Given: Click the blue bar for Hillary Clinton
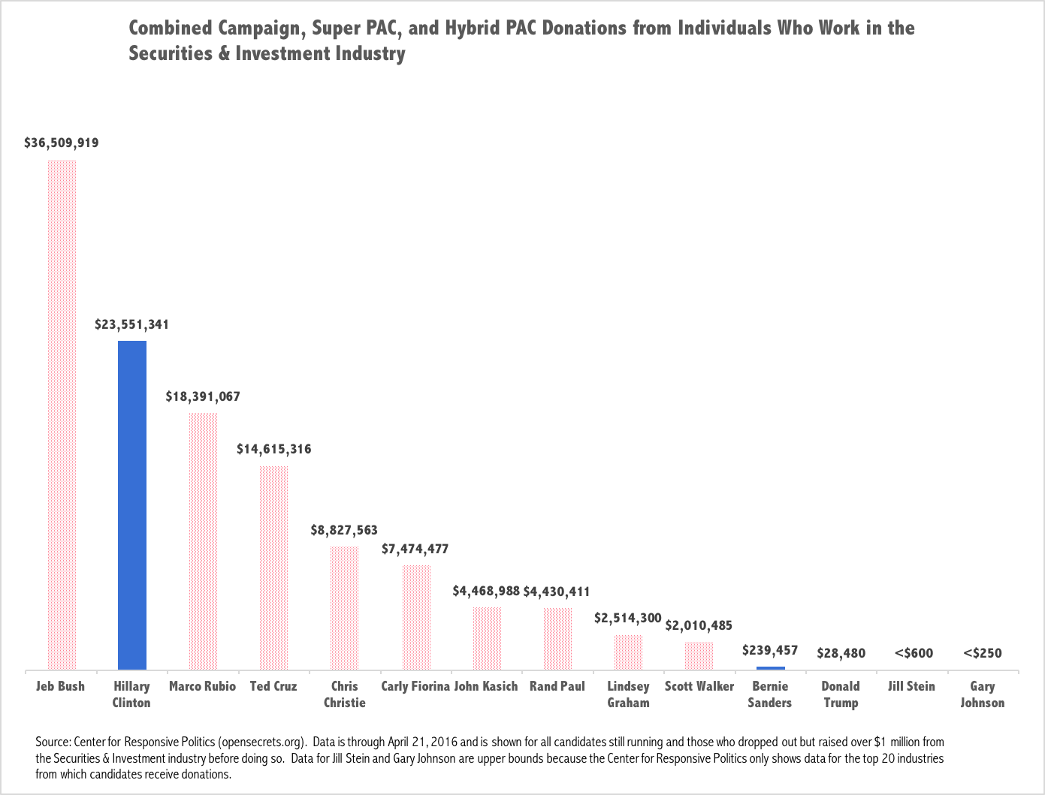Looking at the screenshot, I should [x=132, y=504].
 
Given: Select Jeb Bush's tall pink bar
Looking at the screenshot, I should [x=62, y=414].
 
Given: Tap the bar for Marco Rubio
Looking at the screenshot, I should [x=203, y=541].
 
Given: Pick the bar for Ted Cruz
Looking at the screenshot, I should [x=273, y=568].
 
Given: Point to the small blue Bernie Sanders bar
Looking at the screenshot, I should [x=770, y=668].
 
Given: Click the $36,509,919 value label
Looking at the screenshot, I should [x=61, y=143].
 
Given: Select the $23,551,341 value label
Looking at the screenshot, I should [x=131, y=325].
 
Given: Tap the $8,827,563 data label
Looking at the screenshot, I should [x=344, y=530].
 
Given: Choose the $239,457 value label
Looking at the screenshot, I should [x=770, y=650].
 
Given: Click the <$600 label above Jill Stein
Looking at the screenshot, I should [x=914, y=653].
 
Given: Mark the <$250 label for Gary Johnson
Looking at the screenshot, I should [x=983, y=653].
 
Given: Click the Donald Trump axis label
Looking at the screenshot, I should [x=841, y=694].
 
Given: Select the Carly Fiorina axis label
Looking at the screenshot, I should [x=415, y=686].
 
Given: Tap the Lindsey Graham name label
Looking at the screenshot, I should [x=628, y=694].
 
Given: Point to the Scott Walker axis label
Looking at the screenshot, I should [x=699, y=686].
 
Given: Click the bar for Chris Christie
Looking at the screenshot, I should [x=344, y=607].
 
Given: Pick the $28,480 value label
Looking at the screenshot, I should [x=841, y=653].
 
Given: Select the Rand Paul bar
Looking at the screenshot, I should [x=557, y=638].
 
